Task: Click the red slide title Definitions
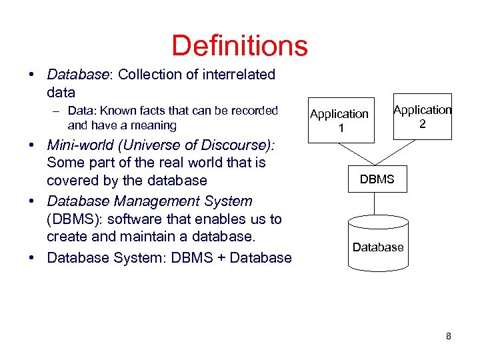[x=239, y=46]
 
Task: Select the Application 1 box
[x=339, y=121]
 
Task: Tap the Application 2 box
[x=423, y=117]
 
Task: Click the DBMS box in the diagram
[x=377, y=179]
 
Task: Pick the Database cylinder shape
[x=378, y=244]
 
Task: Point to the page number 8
[x=449, y=337]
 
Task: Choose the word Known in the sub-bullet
[x=119, y=111]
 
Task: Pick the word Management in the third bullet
[x=155, y=201]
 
